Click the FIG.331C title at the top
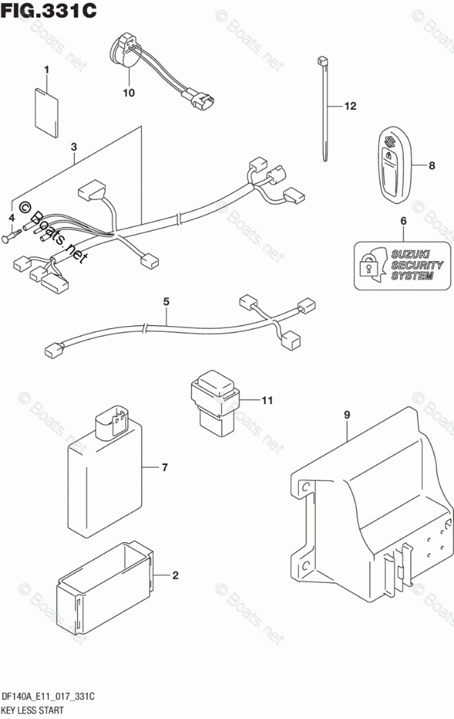point(49,12)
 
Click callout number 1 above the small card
point(46,70)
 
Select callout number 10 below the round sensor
point(129,92)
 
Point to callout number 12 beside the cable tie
point(350,107)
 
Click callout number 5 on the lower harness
point(166,301)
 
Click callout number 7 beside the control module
point(164,466)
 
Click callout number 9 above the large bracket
point(347,415)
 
